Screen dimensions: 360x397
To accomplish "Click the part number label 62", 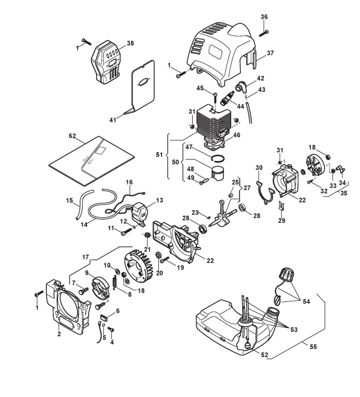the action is [72, 136].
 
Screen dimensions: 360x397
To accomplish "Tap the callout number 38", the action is [130, 43].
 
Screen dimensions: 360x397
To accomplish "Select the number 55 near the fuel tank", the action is [313, 347].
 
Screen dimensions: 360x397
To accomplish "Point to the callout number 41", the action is [113, 120].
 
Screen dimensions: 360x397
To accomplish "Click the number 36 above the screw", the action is [264, 17].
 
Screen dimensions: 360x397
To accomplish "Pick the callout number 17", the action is [86, 257].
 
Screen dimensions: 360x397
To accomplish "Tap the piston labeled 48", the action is [219, 174].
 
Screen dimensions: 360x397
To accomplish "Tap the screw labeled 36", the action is [264, 33].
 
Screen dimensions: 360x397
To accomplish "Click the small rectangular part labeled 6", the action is [104, 317].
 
